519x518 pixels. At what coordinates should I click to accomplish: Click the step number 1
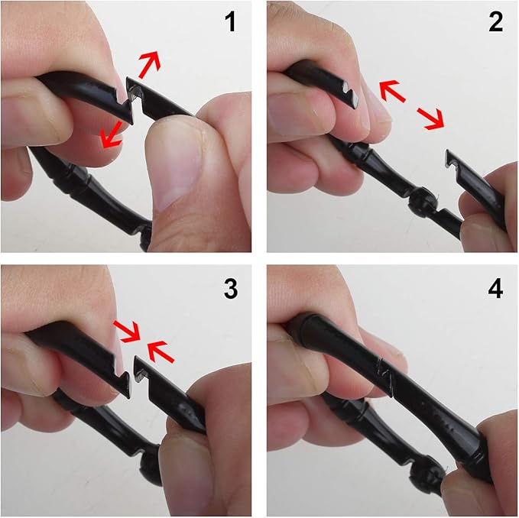(x=230, y=22)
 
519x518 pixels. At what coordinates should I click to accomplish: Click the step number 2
(x=495, y=22)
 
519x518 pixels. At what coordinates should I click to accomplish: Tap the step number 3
(x=230, y=289)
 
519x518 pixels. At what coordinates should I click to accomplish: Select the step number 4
(x=495, y=289)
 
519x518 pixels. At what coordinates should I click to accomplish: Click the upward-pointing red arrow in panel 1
(x=150, y=64)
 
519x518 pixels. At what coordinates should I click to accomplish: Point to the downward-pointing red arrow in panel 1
(x=112, y=134)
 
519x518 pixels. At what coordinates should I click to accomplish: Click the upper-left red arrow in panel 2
(x=392, y=91)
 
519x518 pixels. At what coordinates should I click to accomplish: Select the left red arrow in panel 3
(x=128, y=331)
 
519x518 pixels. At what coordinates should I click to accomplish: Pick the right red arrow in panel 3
(x=161, y=351)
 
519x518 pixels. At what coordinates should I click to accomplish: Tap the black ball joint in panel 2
(x=421, y=202)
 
